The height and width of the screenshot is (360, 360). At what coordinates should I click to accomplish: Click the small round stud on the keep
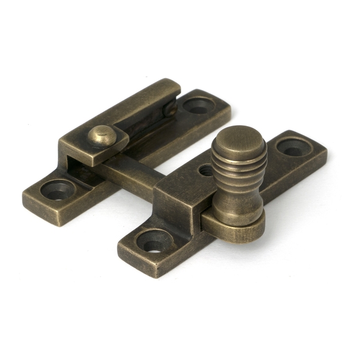pos(102,135)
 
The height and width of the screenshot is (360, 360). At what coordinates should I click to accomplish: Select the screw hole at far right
pos(292,147)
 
